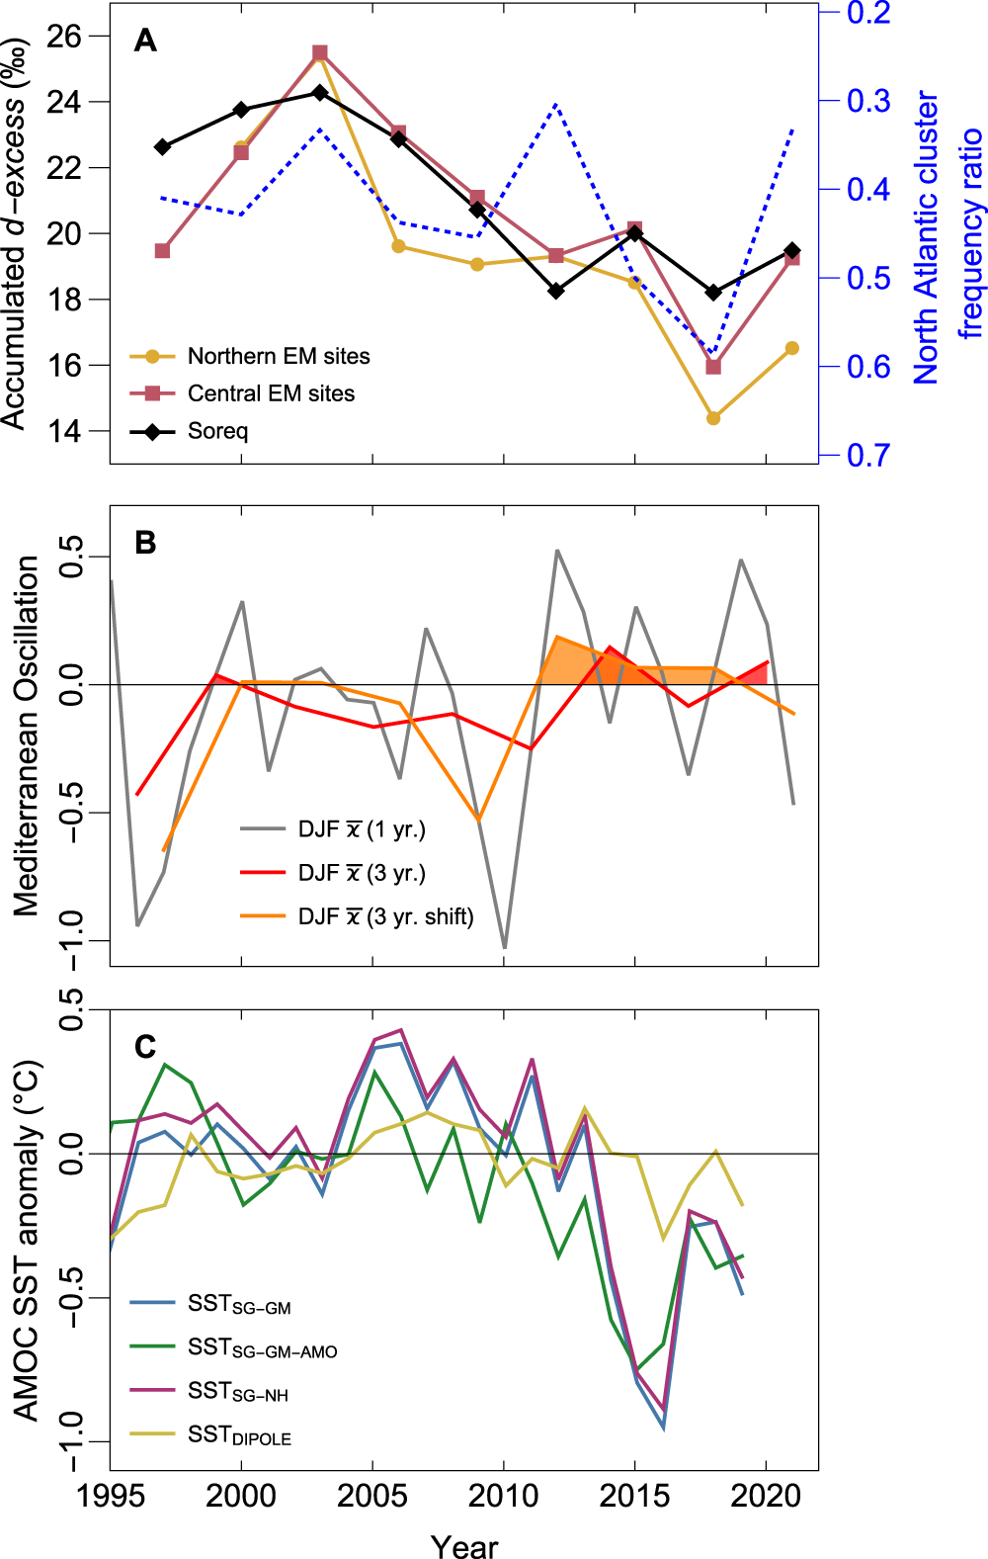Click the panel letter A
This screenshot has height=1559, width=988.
pyautogui.click(x=145, y=41)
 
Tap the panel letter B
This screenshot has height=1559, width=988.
pyautogui.click(x=145, y=544)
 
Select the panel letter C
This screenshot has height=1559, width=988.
pyautogui.click(x=145, y=1047)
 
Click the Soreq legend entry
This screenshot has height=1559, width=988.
pyautogui.click(x=217, y=431)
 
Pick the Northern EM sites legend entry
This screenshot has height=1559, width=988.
pyautogui.click(x=279, y=356)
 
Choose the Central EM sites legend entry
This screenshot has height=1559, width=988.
pyautogui.click(x=271, y=393)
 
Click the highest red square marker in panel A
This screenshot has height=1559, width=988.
pyautogui.click(x=320, y=53)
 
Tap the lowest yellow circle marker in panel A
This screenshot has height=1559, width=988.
pyautogui.click(x=713, y=418)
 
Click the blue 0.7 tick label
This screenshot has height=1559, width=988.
pyautogui.click(x=867, y=456)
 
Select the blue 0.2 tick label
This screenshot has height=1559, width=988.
pyautogui.click(x=867, y=14)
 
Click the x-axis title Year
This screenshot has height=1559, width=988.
pyautogui.click(x=463, y=1545)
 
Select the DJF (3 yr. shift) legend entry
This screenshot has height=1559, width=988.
pyautogui.click(x=385, y=917)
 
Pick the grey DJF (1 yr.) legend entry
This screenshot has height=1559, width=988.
pyautogui.click(x=362, y=829)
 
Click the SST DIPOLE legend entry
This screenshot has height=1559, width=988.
pyautogui.click(x=240, y=1435)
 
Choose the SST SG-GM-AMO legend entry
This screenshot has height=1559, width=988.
pyautogui.click(x=263, y=1348)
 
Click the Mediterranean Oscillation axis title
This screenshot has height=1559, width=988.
pyautogui.click(x=27, y=736)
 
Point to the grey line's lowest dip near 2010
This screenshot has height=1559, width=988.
pyautogui.click(x=505, y=948)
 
